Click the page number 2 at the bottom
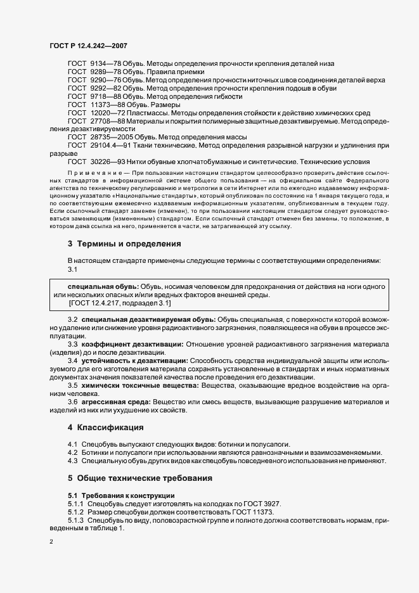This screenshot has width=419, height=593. coord(51,542)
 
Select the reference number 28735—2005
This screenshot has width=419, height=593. coord(113,137)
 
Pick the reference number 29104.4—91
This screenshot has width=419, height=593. coord(114,145)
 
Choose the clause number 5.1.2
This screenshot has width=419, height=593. coord(76,511)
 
